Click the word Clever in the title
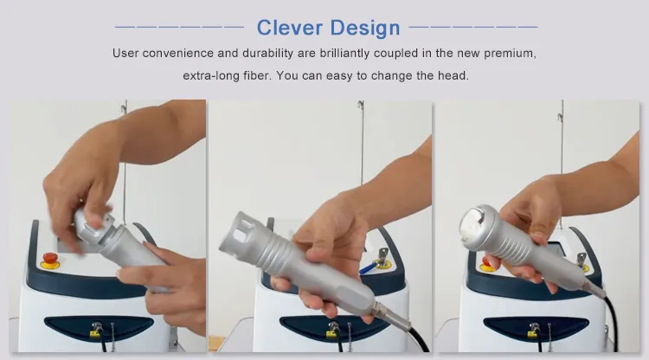click(x=289, y=28)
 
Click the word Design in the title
click(x=365, y=29)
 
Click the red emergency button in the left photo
click(x=50, y=260)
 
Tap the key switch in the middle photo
click(x=382, y=258)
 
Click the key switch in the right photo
click(x=582, y=261)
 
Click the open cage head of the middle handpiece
click(x=241, y=235)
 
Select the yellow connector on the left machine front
click(x=96, y=332)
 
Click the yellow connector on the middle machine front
click(x=331, y=332)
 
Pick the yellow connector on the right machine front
click(x=532, y=332)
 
